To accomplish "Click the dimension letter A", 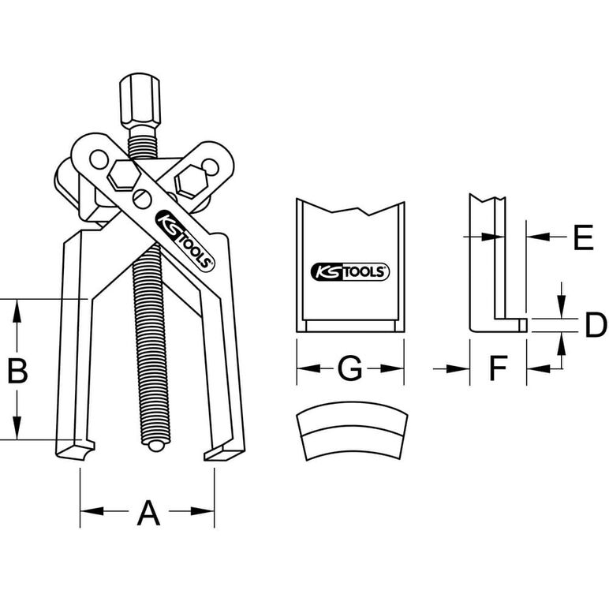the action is [148, 513].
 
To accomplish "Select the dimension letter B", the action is [17, 370].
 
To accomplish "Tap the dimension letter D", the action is [596, 325].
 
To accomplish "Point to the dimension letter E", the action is [584, 237].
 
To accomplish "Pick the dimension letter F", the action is [499, 368].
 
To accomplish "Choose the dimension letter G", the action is [350, 368].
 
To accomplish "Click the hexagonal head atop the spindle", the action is [140, 102].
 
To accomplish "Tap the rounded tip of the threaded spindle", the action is [155, 445].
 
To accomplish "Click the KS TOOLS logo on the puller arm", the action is [185, 241].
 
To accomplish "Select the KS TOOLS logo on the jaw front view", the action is [350, 272].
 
